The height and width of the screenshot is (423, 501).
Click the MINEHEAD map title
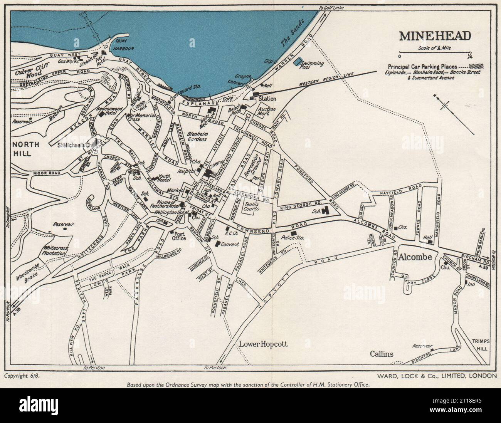pos(435,35)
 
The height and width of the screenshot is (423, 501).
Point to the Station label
pos(267,99)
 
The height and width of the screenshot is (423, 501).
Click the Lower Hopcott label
pos(263,344)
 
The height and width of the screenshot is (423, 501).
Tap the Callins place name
pos(382,354)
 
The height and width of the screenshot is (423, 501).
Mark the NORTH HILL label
pos(25,149)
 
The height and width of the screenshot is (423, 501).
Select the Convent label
pos(230,244)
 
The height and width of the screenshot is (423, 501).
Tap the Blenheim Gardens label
pos(197,136)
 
